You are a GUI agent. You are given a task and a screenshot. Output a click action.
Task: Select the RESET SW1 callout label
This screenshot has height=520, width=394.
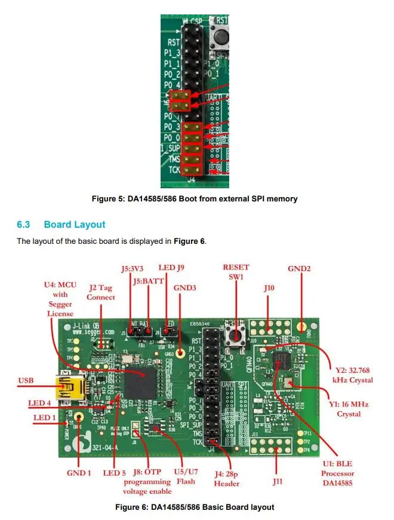(236, 271)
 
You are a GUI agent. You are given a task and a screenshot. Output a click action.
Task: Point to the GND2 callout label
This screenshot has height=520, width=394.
(299, 268)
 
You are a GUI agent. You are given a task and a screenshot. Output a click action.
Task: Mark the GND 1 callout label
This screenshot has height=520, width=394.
(79, 473)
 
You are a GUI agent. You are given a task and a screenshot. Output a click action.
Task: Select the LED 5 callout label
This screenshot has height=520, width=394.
(114, 473)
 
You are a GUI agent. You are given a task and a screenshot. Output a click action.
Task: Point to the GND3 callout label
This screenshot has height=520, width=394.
(185, 287)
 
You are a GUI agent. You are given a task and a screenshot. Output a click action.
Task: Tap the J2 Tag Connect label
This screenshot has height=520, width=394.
(101, 292)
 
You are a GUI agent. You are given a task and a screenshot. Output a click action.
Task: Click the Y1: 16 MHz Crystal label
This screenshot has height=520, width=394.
(349, 409)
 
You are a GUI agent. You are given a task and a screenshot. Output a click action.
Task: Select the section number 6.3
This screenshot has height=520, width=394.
(23, 225)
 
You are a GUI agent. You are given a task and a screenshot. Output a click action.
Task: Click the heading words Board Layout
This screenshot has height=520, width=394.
(75, 225)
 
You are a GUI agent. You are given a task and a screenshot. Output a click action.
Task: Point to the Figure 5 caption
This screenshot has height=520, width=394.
(212, 199)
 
